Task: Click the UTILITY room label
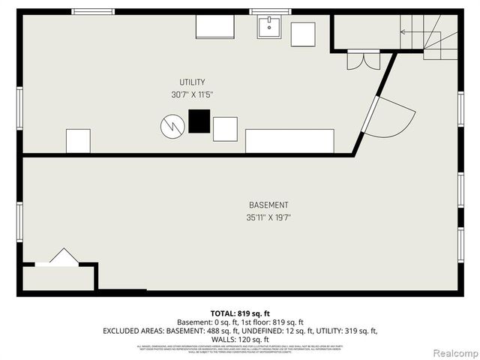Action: pos(192,82)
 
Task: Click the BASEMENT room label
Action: pos(268,205)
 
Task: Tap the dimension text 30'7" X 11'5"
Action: pos(192,95)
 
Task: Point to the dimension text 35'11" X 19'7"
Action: pos(268,218)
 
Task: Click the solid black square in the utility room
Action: pos(199,121)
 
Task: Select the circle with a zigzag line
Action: pos(172,126)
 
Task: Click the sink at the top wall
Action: pos(269,27)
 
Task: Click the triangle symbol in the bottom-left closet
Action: pos(64,256)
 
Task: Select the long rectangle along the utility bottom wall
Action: pos(289,141)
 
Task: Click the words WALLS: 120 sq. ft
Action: pos(240,339)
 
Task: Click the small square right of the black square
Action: pos(225,129)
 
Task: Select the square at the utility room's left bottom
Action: pos(78,141)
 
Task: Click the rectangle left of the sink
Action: pos(214,26)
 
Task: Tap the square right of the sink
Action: pos(303,34)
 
